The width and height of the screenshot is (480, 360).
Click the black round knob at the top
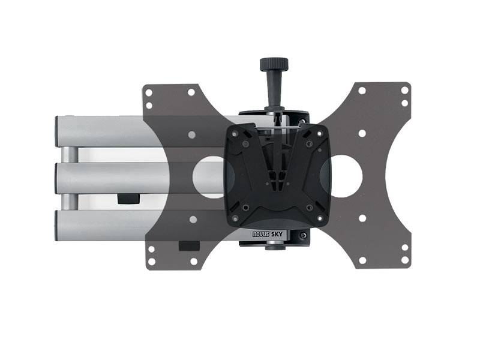click(x=273, y=64)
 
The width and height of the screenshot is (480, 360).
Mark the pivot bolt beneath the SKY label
click(x=274, y=245)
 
